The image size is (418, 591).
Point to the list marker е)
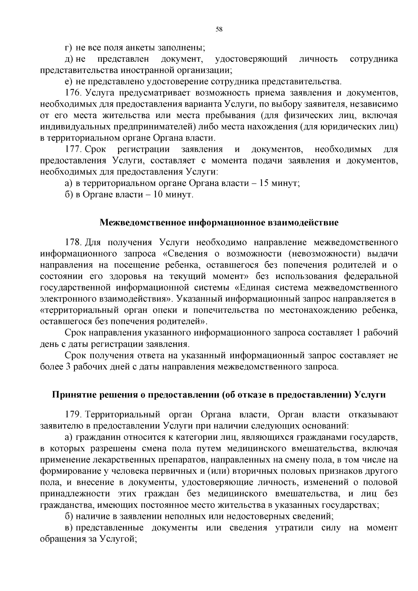tap(68, 81)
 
